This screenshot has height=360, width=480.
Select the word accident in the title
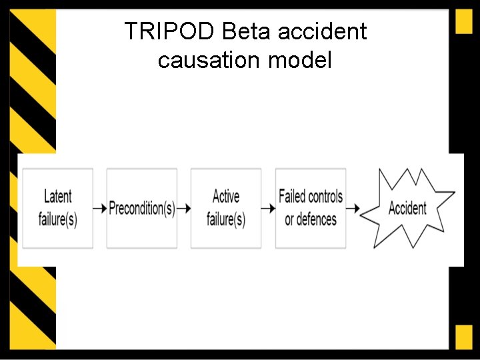[x=331, y=31]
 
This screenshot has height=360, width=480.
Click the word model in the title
[x=299, y=61]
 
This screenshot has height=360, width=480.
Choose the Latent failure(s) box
[x=58, y=208]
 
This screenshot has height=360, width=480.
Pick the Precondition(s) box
[x=142, y=208]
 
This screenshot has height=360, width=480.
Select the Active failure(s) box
[x=226, y=208]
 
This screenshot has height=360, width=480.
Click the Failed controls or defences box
[x=311, y=208]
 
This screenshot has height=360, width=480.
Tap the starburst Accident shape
[x=407, y=208]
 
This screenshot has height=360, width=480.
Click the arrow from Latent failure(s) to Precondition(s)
[x=100, y=209]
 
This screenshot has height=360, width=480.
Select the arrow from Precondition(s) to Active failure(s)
[x=184, y=209]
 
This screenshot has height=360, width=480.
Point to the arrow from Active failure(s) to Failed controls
[x=268, y=209]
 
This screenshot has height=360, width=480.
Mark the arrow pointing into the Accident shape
[x=353, y=209]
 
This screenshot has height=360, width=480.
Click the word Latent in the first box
[x=58, y=196]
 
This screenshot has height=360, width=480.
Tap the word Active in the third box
[x=226, y=196]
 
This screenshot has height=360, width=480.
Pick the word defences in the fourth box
[x=311, y=219]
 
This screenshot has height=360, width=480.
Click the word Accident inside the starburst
[x=407, y=208]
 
